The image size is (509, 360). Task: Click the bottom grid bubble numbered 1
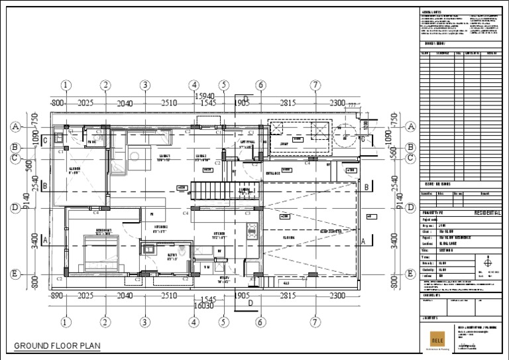tap(66, 322)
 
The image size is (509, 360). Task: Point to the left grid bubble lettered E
tap(14, 273)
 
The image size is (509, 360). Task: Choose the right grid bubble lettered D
tap(410, 208)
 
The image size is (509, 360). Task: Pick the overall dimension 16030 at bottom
tap(203, 306)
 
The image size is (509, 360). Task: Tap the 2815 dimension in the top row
tap(287, 103)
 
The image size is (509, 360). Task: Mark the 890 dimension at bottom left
tap(57, 296)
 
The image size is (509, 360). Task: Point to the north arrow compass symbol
tap(487, 263)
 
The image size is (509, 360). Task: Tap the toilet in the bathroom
tap(148, 250)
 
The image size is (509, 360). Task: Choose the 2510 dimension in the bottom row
tap(168, 296)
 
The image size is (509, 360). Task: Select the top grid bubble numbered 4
tap(194, 85)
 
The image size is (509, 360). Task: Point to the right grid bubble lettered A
tap(410, 126)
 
